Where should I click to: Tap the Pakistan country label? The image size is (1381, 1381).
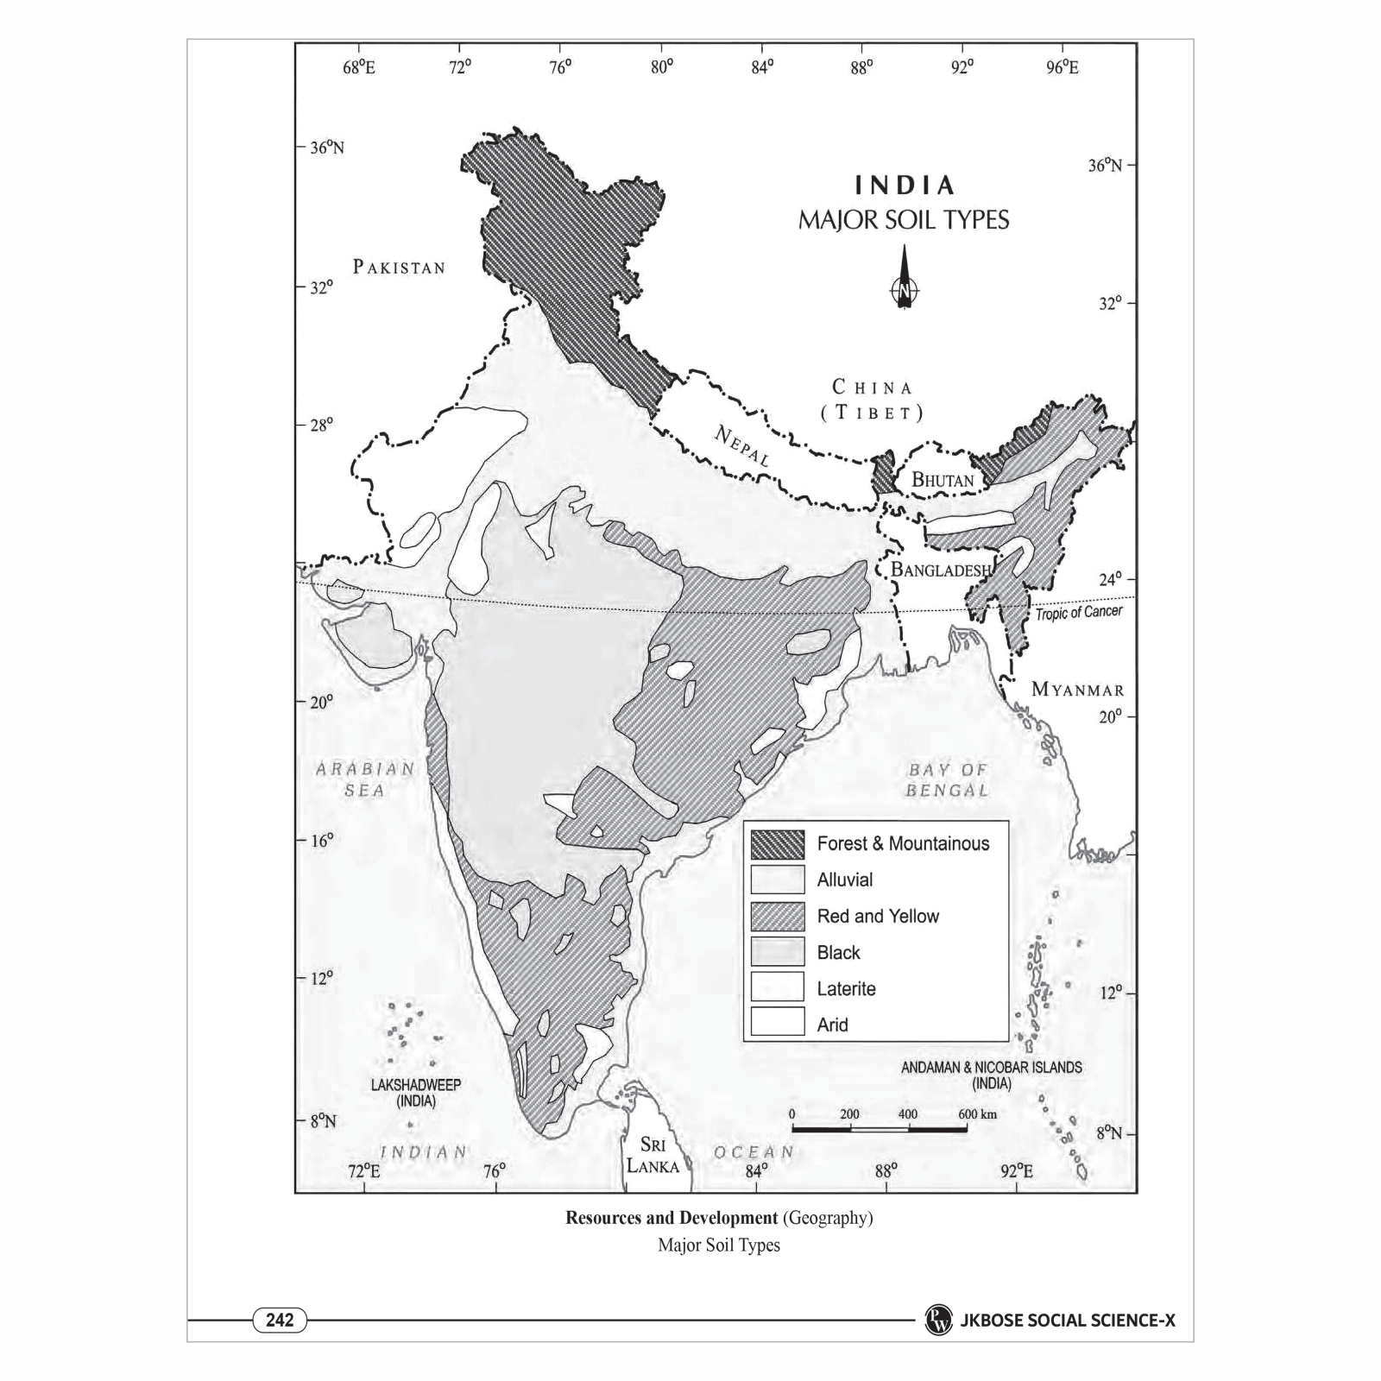coord(399,267)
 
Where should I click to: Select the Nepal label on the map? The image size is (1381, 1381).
coord(741,445)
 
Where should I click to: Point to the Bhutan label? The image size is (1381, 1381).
coord(943,480)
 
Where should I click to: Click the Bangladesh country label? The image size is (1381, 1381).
coord(941,570)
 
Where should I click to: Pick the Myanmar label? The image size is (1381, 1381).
coord(1078,690)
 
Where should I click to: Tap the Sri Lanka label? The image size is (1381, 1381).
coord(653,1155)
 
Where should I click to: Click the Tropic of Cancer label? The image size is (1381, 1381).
coord(1079,613)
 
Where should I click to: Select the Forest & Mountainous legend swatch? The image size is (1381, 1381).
coord(777,844)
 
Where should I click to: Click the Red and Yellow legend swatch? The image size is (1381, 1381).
coord(777,917)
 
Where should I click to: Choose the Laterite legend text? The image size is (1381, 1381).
coord(846,989)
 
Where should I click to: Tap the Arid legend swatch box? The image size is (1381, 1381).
coord(777,1025)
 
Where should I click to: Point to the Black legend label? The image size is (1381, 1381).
coord(838,953)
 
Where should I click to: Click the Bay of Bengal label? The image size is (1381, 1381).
coord(947,779)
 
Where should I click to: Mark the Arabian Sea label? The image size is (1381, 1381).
coord(364,779)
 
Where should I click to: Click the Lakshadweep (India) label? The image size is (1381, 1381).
coord(416,1093)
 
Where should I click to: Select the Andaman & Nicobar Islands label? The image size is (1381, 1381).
coord(991,1075)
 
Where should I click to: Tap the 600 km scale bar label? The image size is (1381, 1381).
coord(977,1114)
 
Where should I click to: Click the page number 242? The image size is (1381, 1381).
coord(280,1320)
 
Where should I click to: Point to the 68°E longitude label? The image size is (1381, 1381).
coord(359,67)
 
